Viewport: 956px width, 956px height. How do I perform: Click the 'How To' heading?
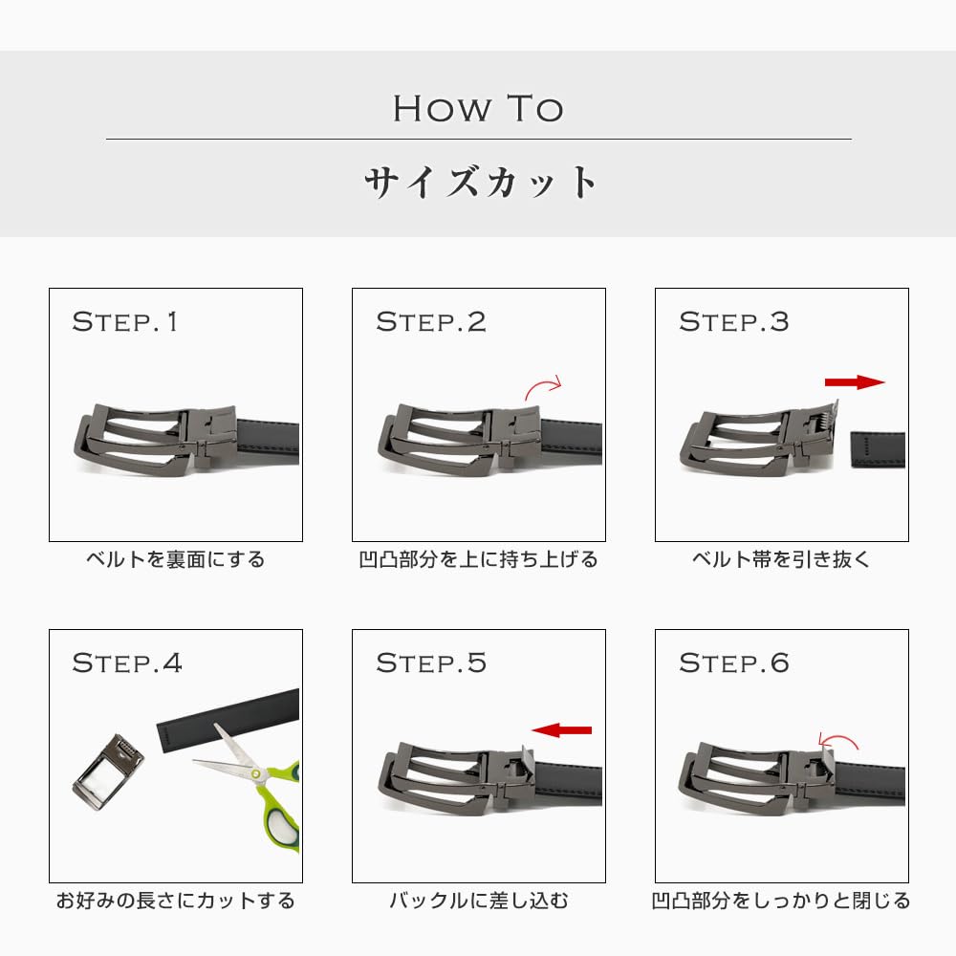tap(478, 109)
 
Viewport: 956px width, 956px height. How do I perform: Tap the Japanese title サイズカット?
tap(480, 182)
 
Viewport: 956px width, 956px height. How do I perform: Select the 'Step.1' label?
tap(125, 322)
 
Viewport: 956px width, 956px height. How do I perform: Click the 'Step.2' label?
tap(431, 322)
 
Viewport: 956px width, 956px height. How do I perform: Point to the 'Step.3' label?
tap(734, 322)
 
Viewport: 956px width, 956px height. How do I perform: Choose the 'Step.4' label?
tap(127, 663)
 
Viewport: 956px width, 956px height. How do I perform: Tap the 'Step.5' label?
tap(431, 663)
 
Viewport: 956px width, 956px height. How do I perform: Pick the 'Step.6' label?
tap(734, 663)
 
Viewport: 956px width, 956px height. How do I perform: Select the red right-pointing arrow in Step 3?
tap(854, 382)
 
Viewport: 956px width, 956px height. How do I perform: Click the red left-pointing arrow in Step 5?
tap(561, 729)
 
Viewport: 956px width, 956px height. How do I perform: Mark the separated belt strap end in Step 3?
tap(878, 449)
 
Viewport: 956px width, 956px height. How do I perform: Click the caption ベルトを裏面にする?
tap(176, 559)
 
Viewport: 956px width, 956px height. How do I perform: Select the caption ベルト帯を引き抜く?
tap(781, 559)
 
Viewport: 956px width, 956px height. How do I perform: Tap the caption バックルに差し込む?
tap(479, 901)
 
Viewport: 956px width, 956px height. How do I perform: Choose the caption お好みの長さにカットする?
tap(176, 901)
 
